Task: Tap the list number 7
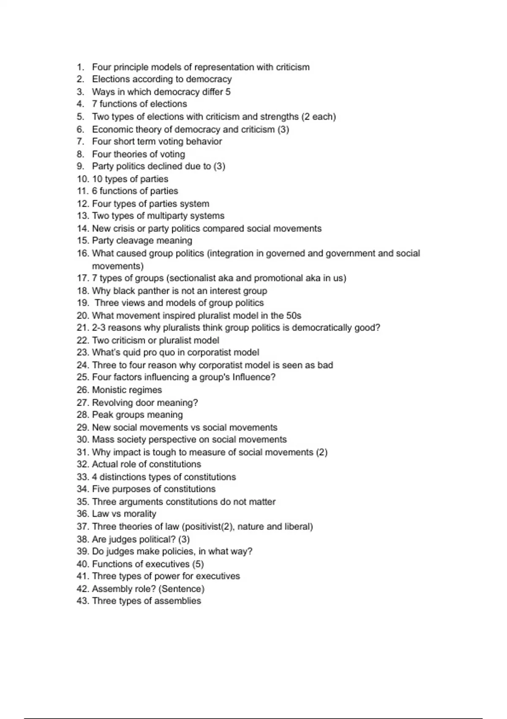click(80, 141)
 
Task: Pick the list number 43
click(82, 601)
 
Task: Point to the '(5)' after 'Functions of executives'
click(198, 564)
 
